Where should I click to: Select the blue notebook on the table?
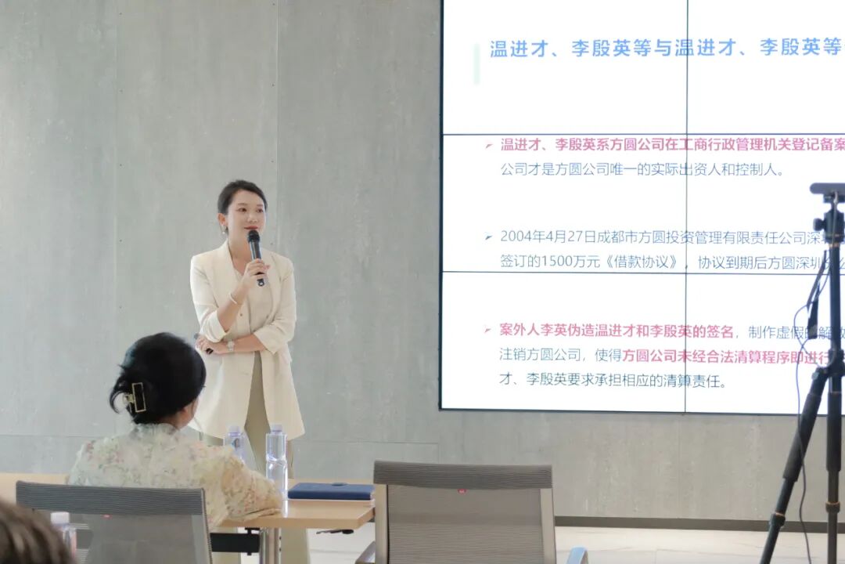[331, 491]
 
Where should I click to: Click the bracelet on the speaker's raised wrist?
[233, 298]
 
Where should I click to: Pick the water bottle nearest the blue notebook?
[276, 454]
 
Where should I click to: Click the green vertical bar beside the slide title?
[476, 63]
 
